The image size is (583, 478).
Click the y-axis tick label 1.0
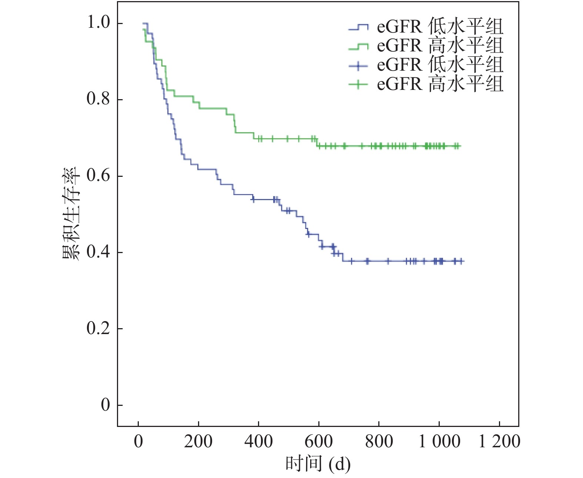[98, 23]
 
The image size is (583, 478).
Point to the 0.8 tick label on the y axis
[98, 100]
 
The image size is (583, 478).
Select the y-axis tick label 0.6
[98, 176]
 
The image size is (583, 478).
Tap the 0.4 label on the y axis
[98, 252]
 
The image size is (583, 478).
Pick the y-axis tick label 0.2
[98, 329]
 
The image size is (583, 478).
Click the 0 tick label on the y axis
[105, 405]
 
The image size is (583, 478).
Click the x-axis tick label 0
[138, 441]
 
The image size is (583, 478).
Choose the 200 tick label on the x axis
[198, 441]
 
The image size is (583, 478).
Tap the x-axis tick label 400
[258, 441]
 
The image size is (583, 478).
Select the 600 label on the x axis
[319, 441]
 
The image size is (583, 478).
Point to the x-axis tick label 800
[379, 441]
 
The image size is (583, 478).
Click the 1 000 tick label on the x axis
[439, 441]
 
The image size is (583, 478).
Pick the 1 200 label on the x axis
[499, 441]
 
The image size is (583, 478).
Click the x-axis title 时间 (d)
[318, 464]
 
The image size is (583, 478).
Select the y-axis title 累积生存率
[71, 214]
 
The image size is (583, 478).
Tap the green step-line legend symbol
[358, 46]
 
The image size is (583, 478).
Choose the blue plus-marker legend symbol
[358, 65]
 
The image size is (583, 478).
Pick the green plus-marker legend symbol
[358, 85]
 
